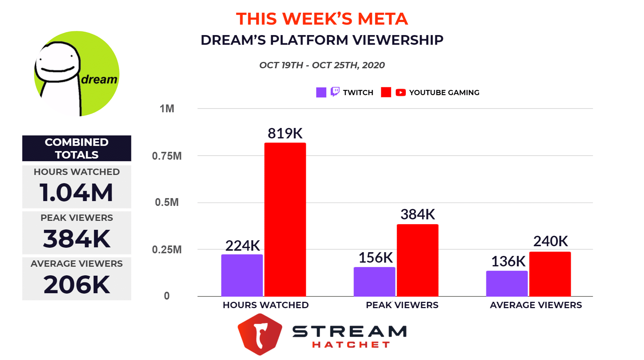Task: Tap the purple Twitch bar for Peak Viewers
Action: (374, 282)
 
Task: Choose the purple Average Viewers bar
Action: (507, 284)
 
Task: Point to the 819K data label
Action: (285, 134)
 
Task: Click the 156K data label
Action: (376, 258)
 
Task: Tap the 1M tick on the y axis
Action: (167, 109)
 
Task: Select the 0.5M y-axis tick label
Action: (167, 202)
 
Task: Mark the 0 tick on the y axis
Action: (167, 296)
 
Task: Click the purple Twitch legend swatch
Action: (321, 92)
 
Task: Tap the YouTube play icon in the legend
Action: (401, 92)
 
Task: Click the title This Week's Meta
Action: (322, 19)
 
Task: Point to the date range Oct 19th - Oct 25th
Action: (322, 65)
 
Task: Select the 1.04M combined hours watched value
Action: (77, 193)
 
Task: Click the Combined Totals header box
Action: (77, 148)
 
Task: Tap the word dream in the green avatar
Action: (99, 79)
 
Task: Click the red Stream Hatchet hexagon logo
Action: (260, 334)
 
